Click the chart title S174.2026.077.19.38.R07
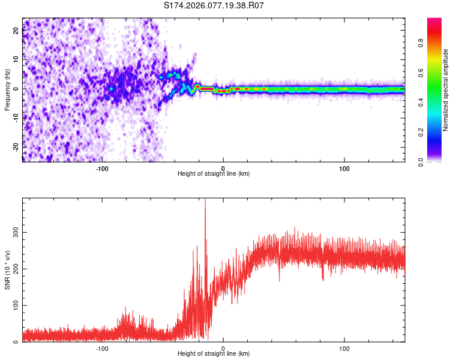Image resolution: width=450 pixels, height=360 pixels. (214, 5)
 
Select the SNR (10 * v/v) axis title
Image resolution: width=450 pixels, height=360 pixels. (7, 271)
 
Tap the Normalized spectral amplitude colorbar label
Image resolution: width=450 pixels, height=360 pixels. (446, 90)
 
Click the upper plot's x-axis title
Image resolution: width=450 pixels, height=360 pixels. (214, 173)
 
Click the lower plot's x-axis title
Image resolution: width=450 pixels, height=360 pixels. (214, 353)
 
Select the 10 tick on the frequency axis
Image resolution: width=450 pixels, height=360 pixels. (16, 60)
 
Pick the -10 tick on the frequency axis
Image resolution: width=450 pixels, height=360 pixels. (16, 118)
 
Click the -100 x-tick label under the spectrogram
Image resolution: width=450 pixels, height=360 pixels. (101, 167)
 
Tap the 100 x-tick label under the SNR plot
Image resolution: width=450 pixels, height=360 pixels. (344, 347)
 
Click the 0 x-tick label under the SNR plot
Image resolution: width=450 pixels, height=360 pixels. (223, 347)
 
